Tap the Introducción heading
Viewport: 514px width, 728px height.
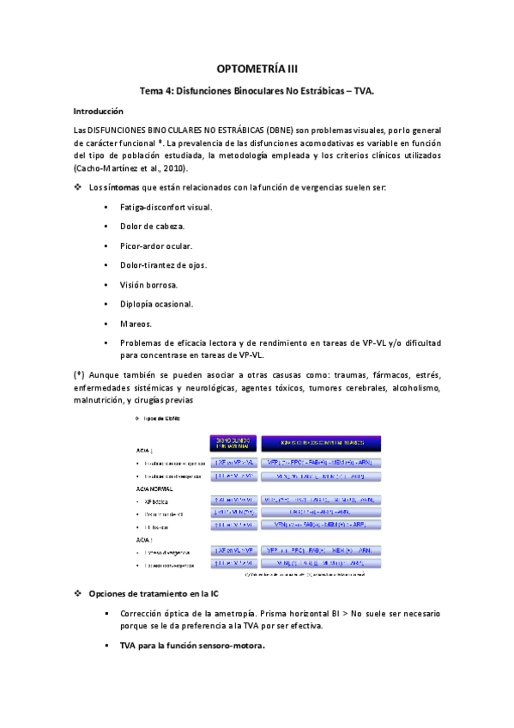point(99,112)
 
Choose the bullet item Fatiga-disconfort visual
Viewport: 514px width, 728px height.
point(166,208)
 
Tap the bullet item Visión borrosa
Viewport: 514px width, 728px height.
point(149,284)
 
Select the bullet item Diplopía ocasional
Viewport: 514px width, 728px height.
point(157,303)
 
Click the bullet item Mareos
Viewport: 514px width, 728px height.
point(136,323)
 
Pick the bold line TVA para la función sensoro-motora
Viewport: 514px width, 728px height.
point(192,645)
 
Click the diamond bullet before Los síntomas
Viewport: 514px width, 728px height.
point(78,188)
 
